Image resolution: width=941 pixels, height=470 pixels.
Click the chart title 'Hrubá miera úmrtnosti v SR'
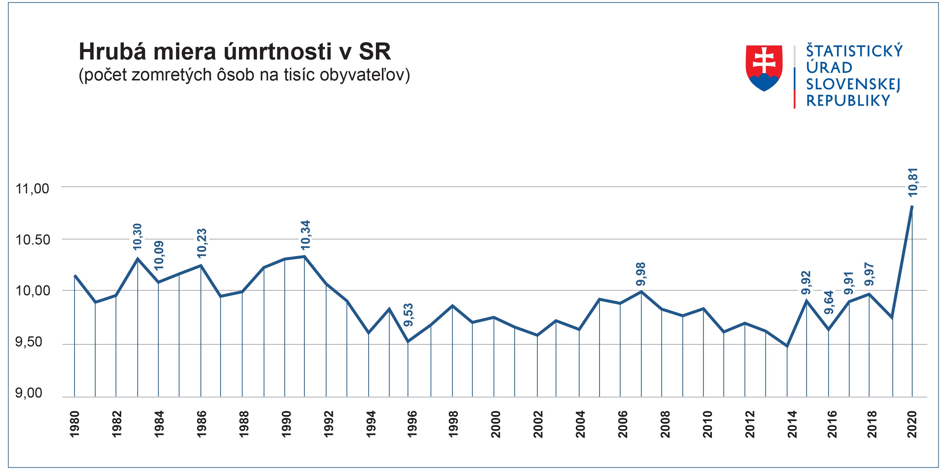click(235, 52)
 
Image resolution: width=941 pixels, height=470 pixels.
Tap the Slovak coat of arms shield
click(764, 68)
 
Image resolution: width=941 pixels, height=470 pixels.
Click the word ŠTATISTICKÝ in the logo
click(854, 51)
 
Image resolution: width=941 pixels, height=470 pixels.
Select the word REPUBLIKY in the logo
click(848, 101)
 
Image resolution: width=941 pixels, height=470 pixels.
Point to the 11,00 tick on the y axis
click(32, 189)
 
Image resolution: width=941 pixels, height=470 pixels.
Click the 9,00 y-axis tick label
click(28, 393)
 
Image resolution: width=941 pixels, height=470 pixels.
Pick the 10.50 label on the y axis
click(32, 240)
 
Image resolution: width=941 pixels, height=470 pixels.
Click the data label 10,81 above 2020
click(912, 183)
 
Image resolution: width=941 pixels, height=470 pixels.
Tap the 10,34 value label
click(305, 235)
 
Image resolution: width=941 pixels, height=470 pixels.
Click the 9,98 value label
click(641, 274)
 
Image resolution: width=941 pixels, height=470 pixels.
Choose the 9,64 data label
click(829, 302)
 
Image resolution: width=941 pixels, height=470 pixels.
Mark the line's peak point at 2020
click(912, 206)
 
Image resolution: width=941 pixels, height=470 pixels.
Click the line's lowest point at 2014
click(787, 346)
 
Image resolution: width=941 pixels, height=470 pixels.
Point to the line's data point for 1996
click(408, 342)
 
